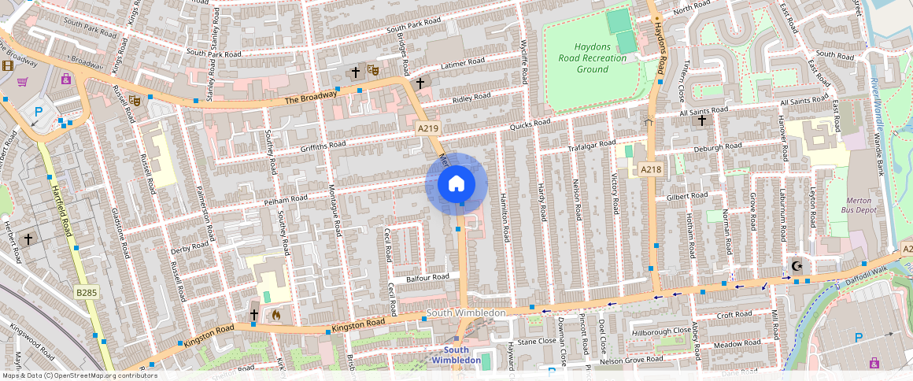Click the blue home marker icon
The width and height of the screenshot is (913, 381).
[x=456, y=184]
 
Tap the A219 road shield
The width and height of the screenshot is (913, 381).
[x=428, y=128]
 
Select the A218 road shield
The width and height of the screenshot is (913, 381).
[x=650, y=169]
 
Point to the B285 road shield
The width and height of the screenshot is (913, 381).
[x=87, y=293]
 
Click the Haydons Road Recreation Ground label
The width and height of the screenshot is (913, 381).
[x=600, y=58]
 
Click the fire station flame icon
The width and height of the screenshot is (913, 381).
[x=275, y=314]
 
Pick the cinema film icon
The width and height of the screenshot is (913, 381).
[x=8, y=65]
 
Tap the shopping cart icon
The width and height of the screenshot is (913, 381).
[x=23, y=82]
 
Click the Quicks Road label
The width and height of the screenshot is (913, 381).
[x=530, y=124]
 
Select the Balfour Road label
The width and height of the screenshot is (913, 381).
[x=427, y=278]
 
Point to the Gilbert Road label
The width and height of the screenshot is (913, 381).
[x=686, y=196]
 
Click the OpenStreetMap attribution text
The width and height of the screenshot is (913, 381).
[x=79, y=375]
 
